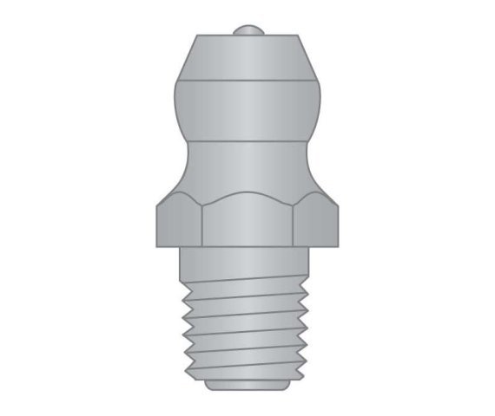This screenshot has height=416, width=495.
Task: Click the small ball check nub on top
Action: tap(247, 32)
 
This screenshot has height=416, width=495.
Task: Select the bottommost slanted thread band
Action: tap(247, 368)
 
